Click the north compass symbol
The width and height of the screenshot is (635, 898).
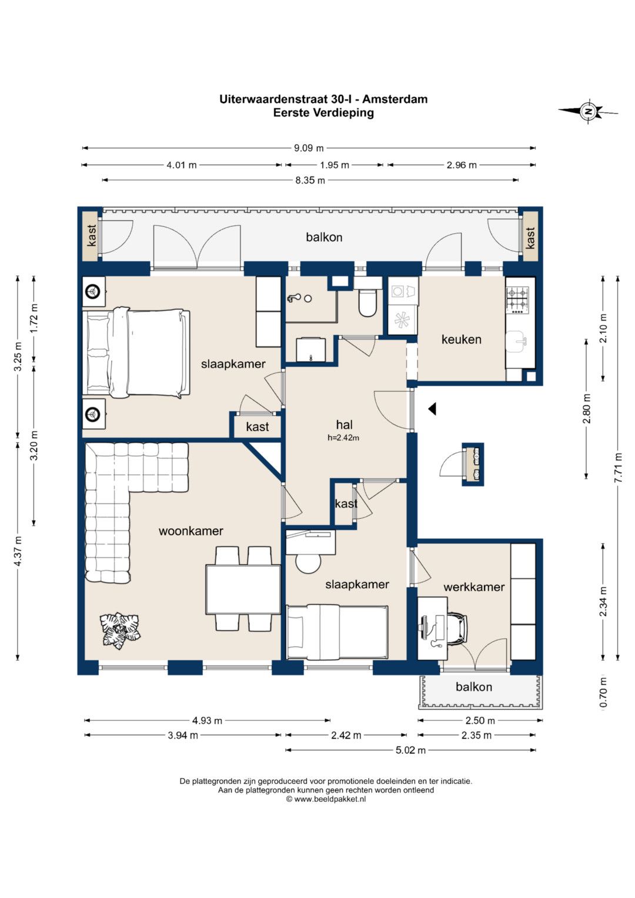tap(589, 111)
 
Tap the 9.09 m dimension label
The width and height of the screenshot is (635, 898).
tap(309, 148)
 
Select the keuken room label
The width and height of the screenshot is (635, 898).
tap(461, 339)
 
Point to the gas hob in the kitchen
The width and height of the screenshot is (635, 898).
tap(520, 300)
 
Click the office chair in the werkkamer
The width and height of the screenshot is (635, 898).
tap(458, 629)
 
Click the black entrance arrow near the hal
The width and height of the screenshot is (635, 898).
tap(432, 409)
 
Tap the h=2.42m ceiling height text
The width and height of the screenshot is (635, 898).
tap(343, 438)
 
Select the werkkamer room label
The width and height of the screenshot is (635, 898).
tap(474, 587)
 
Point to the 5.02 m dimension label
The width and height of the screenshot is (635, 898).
tap(410, 750)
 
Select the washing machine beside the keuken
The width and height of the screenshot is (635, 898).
tap(403, 291)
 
